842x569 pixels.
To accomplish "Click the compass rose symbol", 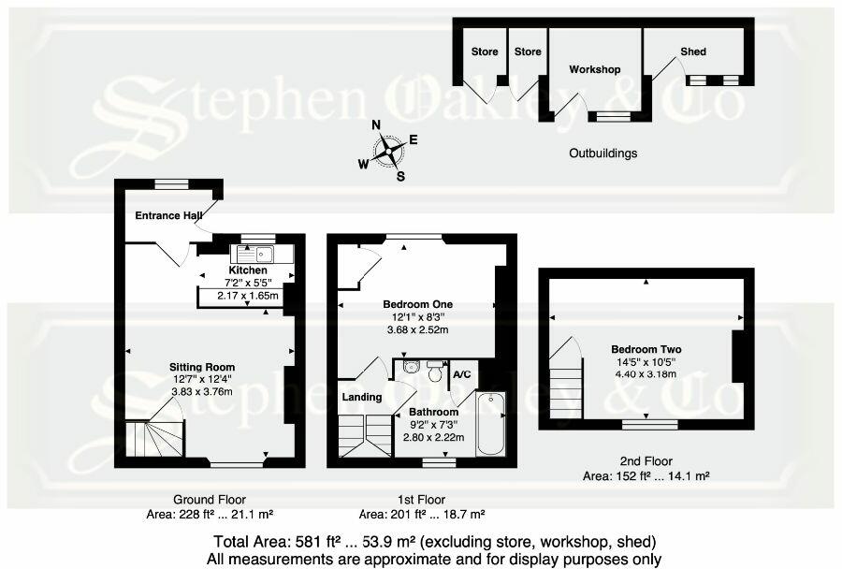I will (389, 150).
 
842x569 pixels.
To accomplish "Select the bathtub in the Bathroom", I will (490, 424).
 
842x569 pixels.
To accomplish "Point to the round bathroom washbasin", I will (410, 368).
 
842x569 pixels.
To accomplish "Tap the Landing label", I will (361, 397).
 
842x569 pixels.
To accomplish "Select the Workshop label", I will (595, 69).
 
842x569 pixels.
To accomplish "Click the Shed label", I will (693, 51).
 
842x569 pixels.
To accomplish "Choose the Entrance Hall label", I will (168, 215).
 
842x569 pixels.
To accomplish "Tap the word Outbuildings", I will (602, 153).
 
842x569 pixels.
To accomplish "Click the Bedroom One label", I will (417, 304).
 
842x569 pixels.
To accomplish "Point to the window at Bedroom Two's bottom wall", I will (651, 424).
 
